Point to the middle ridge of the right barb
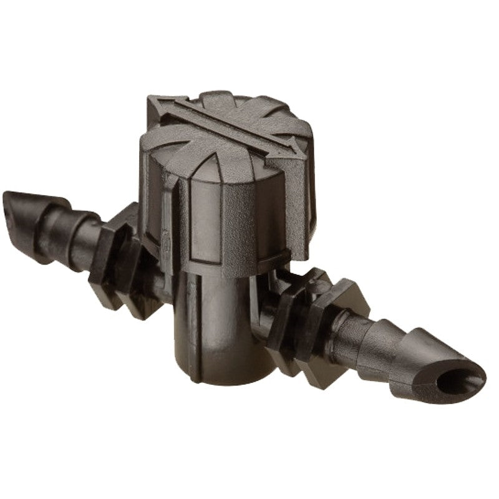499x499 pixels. pos(380,340)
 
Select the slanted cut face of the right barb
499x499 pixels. pos(458,374)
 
